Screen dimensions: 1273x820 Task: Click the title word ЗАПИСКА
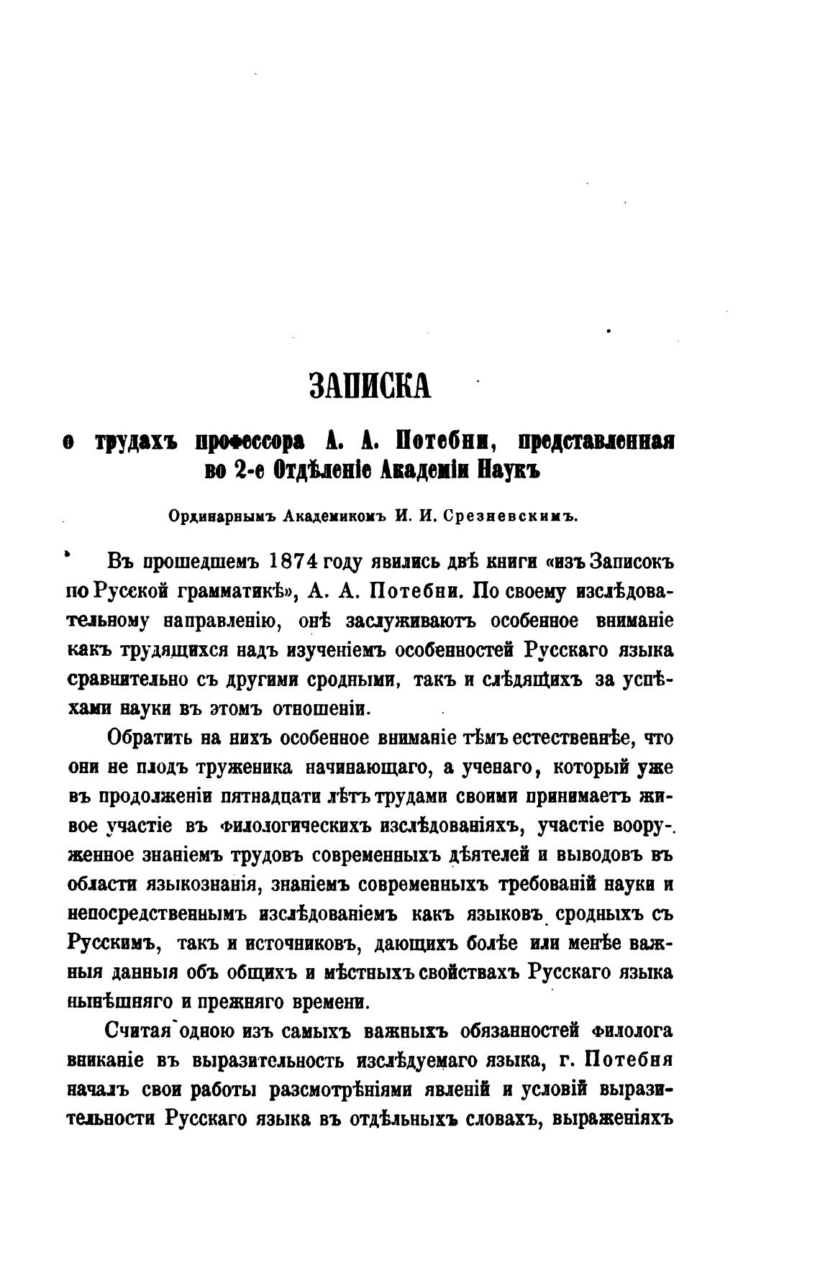(x=370, y=385)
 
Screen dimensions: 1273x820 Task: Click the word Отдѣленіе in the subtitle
(x=301, y=469)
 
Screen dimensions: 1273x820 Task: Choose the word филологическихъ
(x=299, y=826)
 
